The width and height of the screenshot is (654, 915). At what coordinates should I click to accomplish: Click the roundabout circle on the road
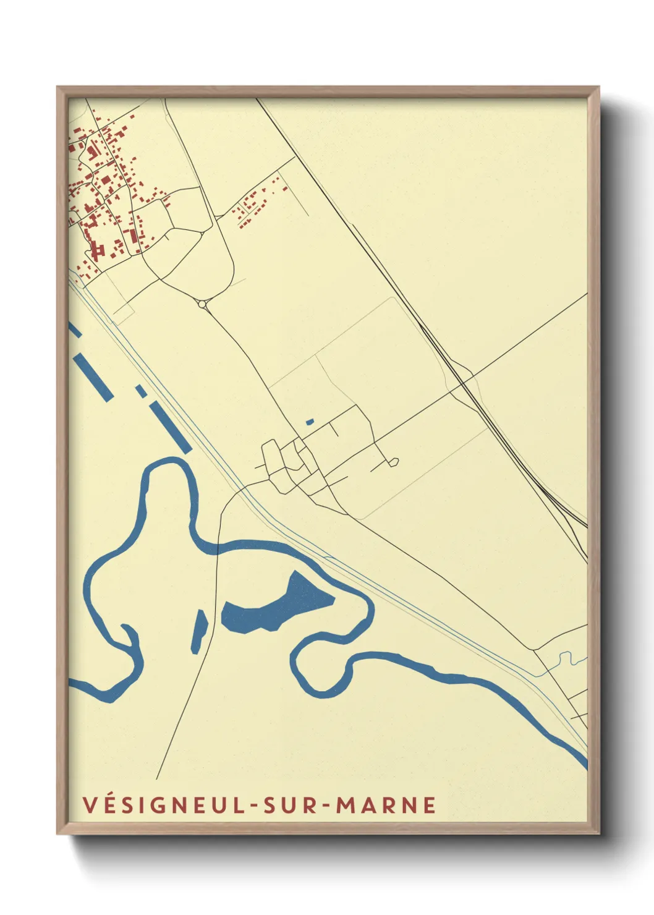click(x=203, y=304)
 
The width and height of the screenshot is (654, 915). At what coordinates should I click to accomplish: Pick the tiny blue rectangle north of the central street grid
click(x=310, y=422)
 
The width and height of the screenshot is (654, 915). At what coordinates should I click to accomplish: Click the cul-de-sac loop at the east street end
click(x=394, y=461)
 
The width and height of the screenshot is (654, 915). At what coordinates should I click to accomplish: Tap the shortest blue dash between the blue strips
click(x=142, y=391)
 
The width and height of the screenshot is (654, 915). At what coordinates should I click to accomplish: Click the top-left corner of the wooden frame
click(x=59, y=88)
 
